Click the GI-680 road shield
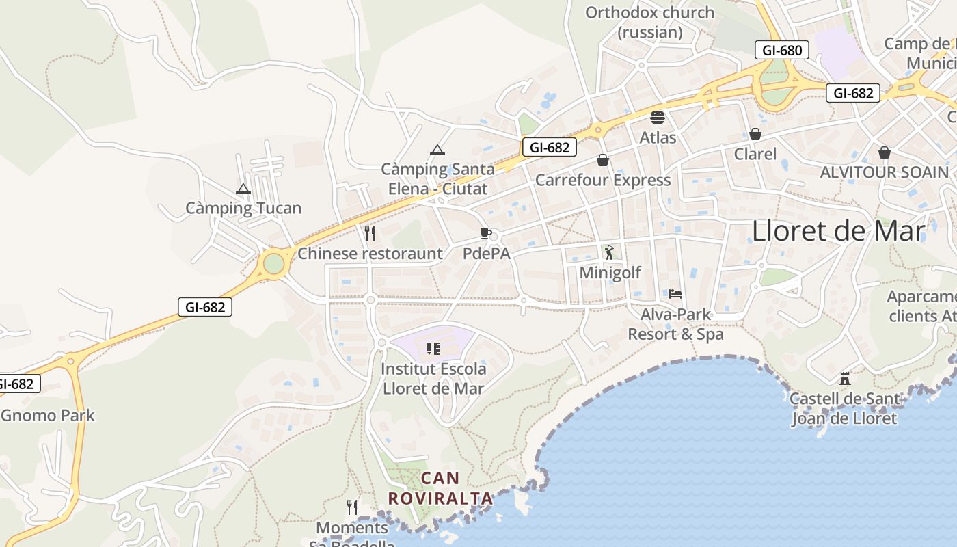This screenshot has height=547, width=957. (782, 50)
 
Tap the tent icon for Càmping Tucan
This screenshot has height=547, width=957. (243, 189)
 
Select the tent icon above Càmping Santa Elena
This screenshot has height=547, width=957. (437, 150)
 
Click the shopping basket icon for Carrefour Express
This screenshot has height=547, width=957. (603, 160)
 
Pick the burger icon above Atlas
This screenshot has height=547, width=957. (658, 118)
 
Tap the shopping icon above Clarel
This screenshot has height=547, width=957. (755, 134)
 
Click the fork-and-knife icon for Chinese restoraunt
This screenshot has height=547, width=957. (370, 233)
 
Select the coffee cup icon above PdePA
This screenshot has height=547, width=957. (486, 234)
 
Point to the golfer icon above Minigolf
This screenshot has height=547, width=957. (609, 252)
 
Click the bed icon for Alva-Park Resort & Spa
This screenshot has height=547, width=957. (675, 294)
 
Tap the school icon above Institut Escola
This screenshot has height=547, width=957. (433, 349)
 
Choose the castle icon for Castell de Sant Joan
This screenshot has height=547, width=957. (844, 378)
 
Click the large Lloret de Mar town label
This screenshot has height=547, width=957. (838, 231)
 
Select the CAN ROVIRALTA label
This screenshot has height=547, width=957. (441, 488)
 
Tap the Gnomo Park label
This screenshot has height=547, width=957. (48, 415)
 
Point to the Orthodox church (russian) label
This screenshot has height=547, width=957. (649, 22)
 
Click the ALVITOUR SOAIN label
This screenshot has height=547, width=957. (885, 172)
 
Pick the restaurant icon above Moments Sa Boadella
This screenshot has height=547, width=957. (352, 507)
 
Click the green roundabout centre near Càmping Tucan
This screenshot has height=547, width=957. (273, 263)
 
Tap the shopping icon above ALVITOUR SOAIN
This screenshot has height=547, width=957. (885, 152)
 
